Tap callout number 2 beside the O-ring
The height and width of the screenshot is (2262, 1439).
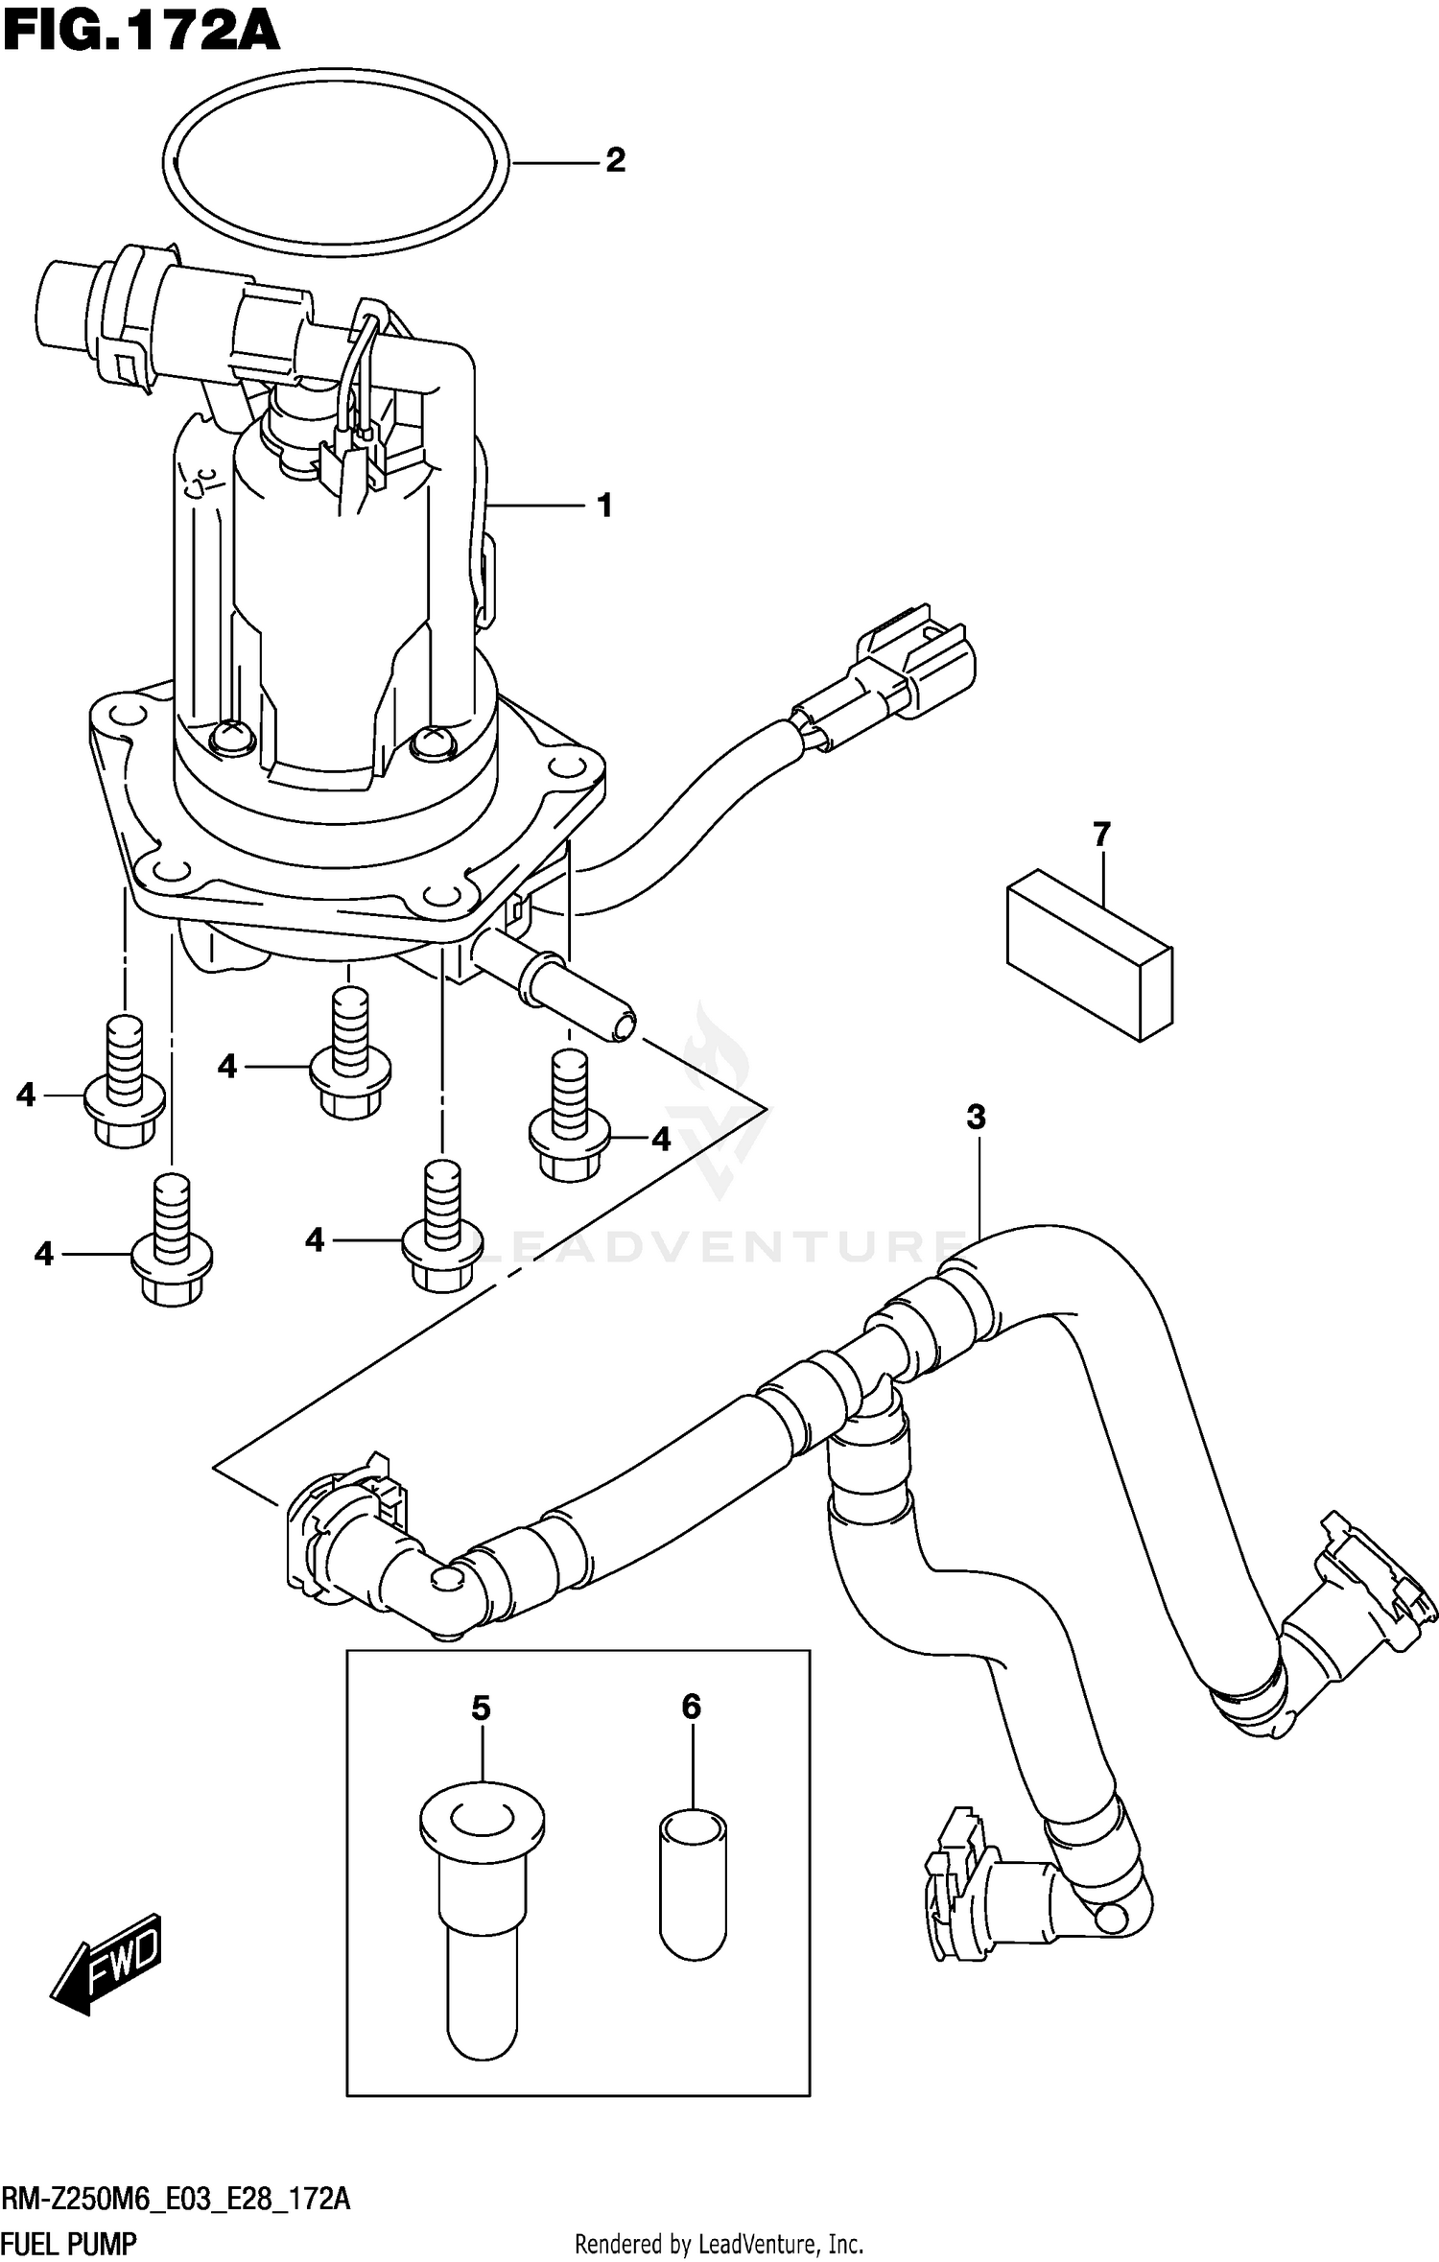[615, 160]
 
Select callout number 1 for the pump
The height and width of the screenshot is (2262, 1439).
[604, 506]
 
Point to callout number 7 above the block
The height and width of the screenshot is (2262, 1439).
[1101, 835]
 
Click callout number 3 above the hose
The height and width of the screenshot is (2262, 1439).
[976, 1117]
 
